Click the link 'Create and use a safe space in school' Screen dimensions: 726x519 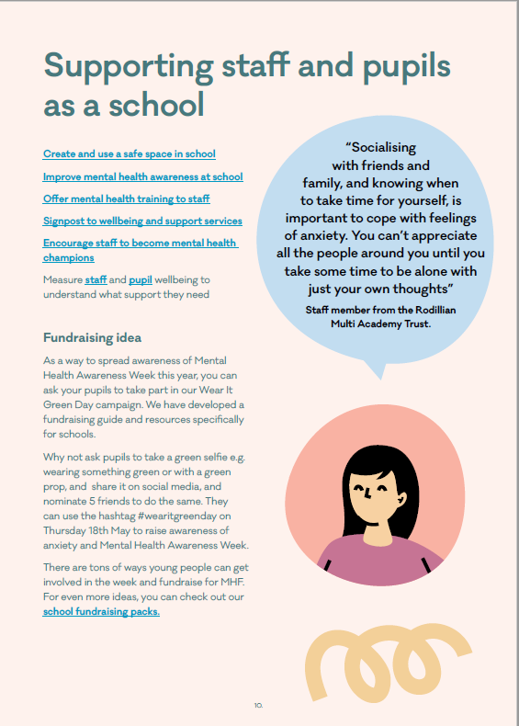130,153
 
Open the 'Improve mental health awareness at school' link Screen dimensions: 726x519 143,176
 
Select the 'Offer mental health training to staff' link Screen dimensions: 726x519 127,199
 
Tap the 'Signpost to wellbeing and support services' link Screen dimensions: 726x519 142,221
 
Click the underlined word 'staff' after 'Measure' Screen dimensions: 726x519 96,278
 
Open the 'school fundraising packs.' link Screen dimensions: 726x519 101,611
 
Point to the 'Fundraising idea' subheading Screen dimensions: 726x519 92,337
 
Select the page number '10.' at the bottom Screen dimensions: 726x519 259,705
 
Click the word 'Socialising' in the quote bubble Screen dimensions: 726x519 380,147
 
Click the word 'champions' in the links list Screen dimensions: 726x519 69,257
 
